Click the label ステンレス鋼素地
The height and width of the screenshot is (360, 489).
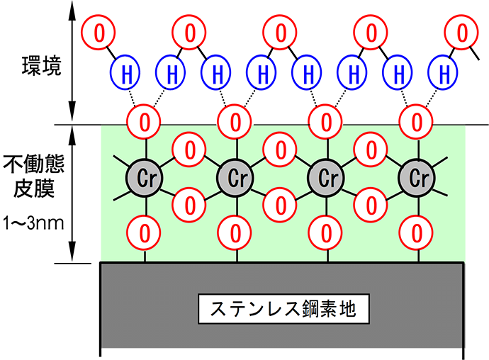pyautogui.click(x=283, y=310)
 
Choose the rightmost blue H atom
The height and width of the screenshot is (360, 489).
pyautogui.click(x=444, y=72)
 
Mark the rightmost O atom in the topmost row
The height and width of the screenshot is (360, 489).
pyautogui.click(x=463, y=32)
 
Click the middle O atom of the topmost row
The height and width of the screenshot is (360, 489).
pyautogui.click(x=281, y=32)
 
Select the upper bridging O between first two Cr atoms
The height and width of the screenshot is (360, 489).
pyautogui.click(x=190, y=150)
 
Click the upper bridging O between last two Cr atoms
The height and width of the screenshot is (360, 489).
pyautogui.click(x=372, y=150)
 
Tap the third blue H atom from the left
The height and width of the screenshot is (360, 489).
pyautogui.click(x=217, y=72)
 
